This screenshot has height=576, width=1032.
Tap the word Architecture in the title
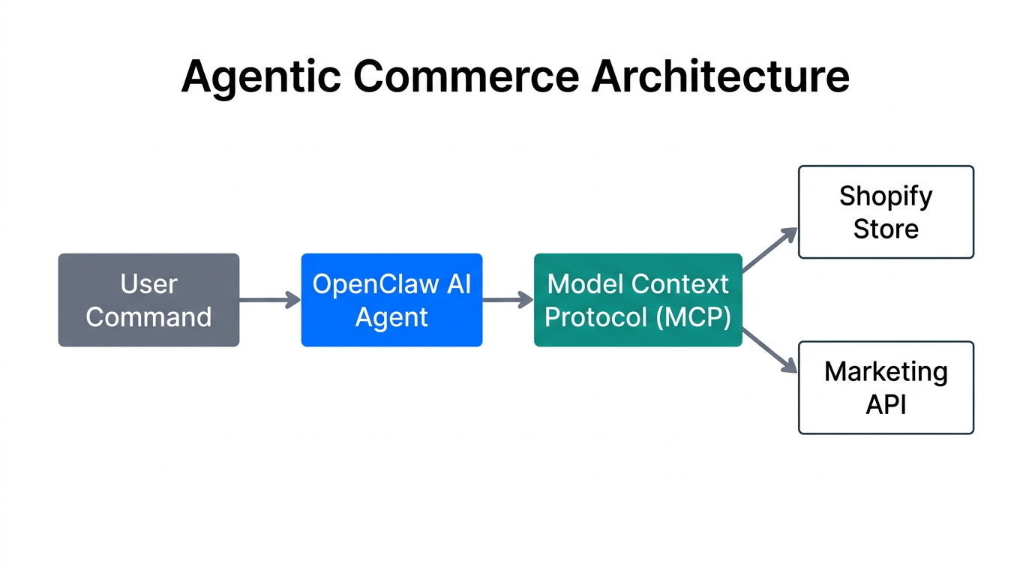[720, 76]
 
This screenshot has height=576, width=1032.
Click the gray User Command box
[148, 300]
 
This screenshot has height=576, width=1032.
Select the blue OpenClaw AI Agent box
[391, 300]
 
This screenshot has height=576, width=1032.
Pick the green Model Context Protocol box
[637, 300]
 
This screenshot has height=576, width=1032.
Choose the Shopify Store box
[886, 212]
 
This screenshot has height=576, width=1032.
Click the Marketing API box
[886, 388]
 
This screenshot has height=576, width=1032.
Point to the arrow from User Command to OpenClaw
[269, 300]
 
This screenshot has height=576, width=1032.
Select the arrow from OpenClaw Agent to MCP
[508, 300]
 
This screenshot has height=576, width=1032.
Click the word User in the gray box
[148, 284]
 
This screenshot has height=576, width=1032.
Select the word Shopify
[886, 196]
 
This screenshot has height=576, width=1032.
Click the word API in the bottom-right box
[886, 404]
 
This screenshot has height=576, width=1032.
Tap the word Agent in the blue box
[391, 317]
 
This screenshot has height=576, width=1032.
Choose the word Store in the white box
[886, 229]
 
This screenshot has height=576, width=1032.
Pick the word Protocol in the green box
[595, 317]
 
